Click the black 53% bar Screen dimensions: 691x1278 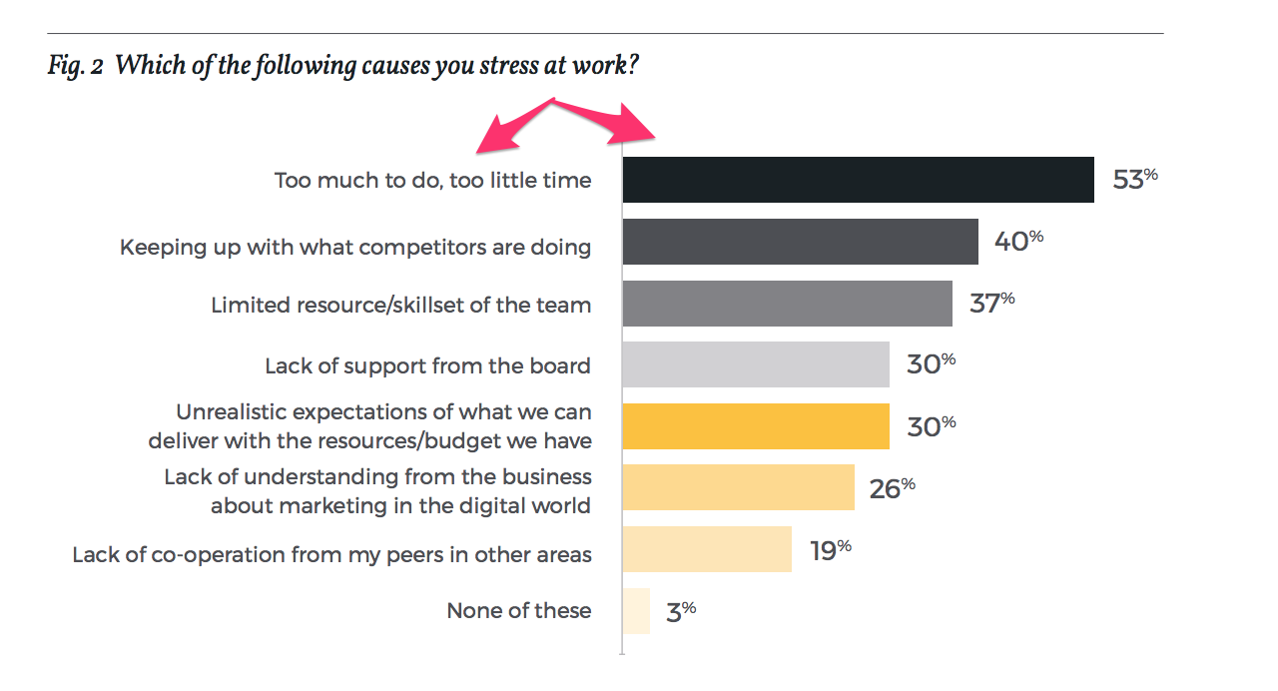pyautogui.click(x=858, y=180)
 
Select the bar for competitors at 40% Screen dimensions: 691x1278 pyautogui.click(x=800, y=242)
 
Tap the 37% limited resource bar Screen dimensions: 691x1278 pyautogui.click(x=787, y=304)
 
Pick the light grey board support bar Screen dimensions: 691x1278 pyautogui.click(x=755, y=364)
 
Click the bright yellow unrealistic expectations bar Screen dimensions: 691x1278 pyautogui.click(x=755, y=426)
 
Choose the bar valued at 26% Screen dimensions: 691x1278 pyautogui.click(x=738, y=487)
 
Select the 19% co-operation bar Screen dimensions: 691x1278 pyautogui.click(x=706, y=549)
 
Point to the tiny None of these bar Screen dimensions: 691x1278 pyautogui.click(x=636, y=611)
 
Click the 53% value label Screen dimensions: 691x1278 pyautogui.click(x=1134, y=181)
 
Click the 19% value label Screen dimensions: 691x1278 pyautogui.click(x=830, y=550)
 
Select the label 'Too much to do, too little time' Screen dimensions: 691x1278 pyautogui.click(x=432, y=181)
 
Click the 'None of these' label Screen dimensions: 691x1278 pyautogui.click(x=518, y=611)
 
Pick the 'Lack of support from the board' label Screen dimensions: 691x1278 pyautogui.click(x=427, y=365)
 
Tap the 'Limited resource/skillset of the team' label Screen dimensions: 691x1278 pyautogui.click(x=400, y=305)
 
